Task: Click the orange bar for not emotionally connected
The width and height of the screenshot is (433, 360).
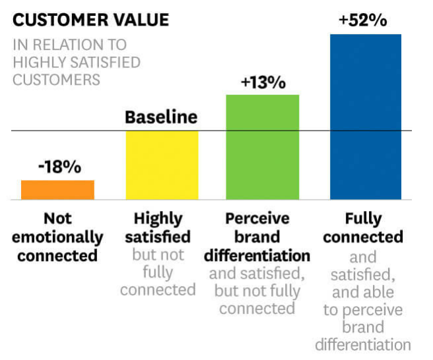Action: (57, 189)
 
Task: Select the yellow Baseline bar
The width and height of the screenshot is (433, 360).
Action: (162, 165)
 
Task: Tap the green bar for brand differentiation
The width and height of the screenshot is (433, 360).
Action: (263, 146)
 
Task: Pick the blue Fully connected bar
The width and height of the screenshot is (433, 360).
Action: (366, 116)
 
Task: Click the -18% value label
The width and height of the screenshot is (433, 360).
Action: (58, 167)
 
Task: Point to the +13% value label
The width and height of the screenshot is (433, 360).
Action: (263, 83)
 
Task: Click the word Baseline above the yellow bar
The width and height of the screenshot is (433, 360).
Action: (161, 118)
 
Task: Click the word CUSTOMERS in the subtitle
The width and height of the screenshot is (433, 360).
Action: (56, 80)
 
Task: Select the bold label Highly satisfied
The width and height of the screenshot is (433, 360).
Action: (162, 227)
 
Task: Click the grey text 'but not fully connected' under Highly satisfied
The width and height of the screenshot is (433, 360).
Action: (158, 272)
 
